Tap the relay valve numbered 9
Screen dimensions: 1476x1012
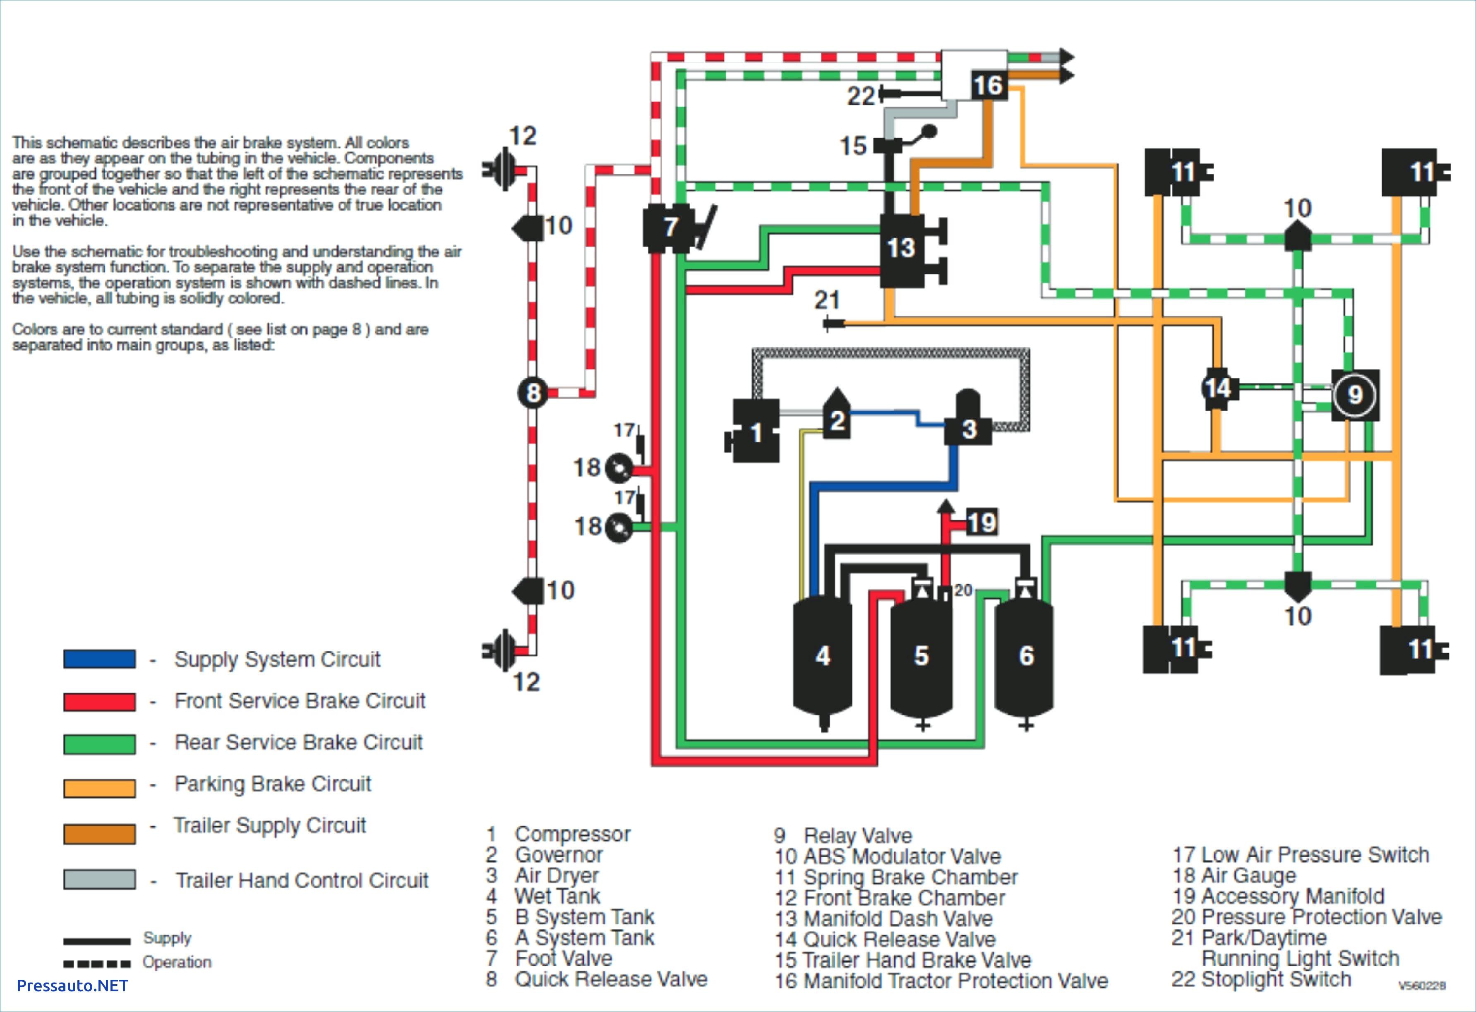click(x=1355, y=395)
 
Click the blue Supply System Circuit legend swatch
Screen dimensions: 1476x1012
click(x=100, y=659)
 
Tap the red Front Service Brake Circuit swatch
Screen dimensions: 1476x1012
click(x=100, y=702)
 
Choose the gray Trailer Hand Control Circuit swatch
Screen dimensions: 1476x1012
click(x=100, y=880)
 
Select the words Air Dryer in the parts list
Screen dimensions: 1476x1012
click(x=557, y=875)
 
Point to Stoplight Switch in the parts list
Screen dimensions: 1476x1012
click(x=1277, y=980)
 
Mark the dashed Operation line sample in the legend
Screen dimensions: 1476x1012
click(x=97, y=964)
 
